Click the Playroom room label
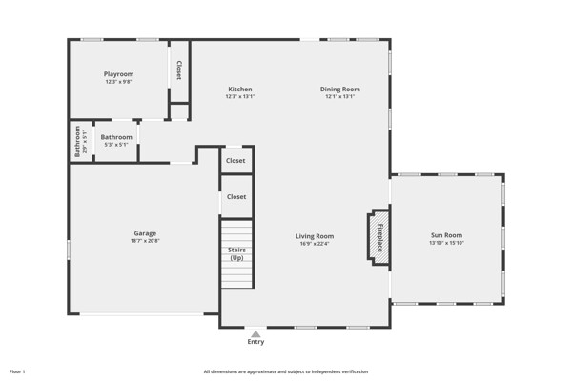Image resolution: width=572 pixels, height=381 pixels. click(118, 74)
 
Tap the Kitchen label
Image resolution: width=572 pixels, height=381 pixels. click(240, 90)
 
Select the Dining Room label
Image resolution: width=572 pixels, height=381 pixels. click(340, 90)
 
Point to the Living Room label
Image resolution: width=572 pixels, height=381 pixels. click(315, 236)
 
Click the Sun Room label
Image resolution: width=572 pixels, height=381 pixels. click(446, 235)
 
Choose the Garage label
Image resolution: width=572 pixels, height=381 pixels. click(145, 233)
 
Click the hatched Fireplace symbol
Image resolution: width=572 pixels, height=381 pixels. click(378, 237)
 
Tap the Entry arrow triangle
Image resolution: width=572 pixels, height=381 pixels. click(255, 334)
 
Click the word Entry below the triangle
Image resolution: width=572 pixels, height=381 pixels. click(255, 342)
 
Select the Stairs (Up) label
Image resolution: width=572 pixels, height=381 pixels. click(236, 254)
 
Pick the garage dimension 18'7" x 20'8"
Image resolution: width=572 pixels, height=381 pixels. click(145, 241)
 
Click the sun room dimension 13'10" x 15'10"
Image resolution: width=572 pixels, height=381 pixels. click(446, 243)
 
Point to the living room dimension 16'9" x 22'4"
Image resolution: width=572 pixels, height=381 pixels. click(315, 244)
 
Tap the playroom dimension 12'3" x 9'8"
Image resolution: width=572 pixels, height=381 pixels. click(118, 82)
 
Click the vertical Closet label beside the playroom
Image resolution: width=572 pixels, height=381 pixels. click(179, 70)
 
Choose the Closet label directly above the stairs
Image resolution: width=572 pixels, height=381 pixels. click(236, 197)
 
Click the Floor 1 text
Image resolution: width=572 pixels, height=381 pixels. click(17, 371)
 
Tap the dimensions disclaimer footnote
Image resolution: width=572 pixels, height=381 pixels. click(286, 371)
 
